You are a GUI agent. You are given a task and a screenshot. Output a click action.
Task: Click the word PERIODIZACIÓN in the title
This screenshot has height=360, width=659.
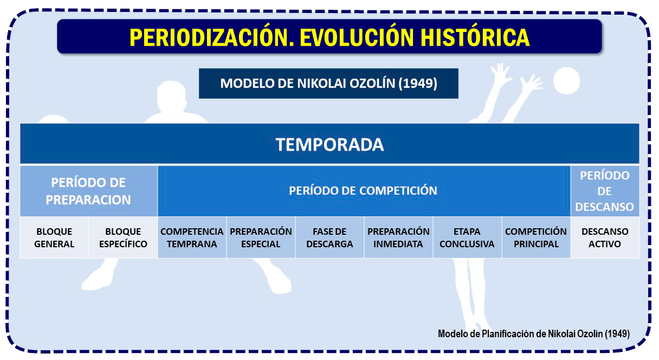(212, 37)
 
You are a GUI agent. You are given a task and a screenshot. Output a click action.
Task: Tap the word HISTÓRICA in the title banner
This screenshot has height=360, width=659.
(475, 37)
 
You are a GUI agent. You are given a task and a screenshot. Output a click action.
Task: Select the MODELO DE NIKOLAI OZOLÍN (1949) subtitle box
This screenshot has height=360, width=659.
(328, 83)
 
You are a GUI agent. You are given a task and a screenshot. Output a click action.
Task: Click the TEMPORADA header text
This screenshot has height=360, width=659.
(329, 145)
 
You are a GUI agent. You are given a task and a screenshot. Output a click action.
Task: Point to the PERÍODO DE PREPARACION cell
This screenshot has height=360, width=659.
(88, 191)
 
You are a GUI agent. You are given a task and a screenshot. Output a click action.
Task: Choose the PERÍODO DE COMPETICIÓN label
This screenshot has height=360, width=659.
(363, 191)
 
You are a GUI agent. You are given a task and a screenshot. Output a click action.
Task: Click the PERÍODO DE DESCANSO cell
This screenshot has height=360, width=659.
(605, 191)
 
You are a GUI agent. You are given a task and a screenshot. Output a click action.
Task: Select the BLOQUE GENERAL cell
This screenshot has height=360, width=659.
(54, 237)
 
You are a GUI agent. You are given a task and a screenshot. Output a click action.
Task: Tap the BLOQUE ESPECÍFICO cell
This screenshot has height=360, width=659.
(123, 237)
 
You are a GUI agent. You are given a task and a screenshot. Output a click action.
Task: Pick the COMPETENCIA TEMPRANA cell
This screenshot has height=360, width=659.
(192, 237)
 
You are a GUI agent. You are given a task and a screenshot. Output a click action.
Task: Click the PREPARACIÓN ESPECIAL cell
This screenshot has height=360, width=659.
(261, 237)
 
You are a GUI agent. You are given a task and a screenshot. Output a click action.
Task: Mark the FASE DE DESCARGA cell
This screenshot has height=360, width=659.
(329, 237)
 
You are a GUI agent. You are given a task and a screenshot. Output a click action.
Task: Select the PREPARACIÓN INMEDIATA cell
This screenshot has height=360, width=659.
(398, 237)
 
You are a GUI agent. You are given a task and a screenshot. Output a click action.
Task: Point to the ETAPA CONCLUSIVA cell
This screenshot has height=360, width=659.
(467, 237)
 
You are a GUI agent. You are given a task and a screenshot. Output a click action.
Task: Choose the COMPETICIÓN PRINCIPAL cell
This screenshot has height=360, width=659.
(536, 237)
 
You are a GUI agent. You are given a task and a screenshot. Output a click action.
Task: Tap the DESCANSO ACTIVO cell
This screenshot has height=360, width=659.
(605, 237)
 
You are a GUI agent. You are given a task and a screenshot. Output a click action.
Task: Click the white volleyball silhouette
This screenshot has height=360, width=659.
(567, 81)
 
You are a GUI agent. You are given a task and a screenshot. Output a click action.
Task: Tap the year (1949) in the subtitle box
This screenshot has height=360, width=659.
(418, 83)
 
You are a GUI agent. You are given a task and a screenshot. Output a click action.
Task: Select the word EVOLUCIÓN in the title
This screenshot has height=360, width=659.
(357, 37)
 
